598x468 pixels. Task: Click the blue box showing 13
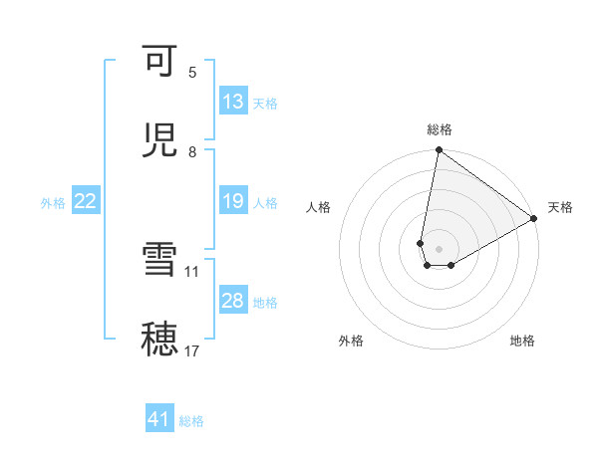click(x=233, y=102)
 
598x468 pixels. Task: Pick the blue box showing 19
click(x=233, y=202)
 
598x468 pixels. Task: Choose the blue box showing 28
click(x=233, y=302)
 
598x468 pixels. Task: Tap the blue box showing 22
click(x=86, y=202)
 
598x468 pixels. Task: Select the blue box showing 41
click(x=159, y=420)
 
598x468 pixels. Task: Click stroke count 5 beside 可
click(x=192, y=73)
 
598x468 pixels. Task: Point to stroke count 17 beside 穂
click(x=192, y=351)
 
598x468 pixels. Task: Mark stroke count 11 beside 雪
click(x=192, y=270)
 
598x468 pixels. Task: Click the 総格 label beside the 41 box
click(x=191, y=421)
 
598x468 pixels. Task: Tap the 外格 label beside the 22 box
click(x=53, y=203)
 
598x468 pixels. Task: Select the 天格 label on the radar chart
click(x=560, y=208)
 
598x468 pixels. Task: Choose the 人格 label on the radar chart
click(x=319, y=208)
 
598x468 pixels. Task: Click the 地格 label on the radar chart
click(x=522, y=342)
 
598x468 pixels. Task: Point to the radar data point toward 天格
click(x=534, y=219)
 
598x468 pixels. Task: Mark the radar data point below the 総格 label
click(x=439, y=151)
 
